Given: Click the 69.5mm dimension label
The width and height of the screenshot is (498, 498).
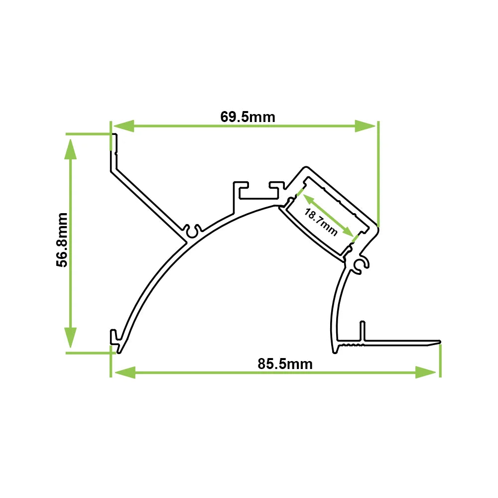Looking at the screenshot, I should tap(248, 117).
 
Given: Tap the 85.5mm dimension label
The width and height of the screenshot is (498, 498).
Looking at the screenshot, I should tap(285, 364).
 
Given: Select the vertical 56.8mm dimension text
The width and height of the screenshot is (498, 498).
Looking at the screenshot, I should tap(62, 240).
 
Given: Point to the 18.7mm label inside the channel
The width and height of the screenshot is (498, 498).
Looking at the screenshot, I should tap(321, 222).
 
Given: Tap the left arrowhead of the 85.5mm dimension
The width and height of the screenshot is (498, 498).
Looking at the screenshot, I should tap(124, 372).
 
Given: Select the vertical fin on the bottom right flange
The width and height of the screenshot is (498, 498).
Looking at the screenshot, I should tap(362, 332).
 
